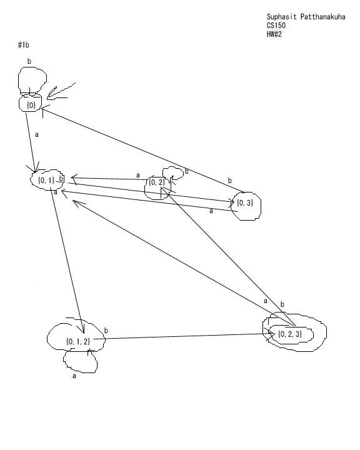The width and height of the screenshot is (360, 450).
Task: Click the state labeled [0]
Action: click(31, 103)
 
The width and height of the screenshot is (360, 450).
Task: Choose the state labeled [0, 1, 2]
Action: click(76, 337)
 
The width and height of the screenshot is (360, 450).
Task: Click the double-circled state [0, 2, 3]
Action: click(294, 332)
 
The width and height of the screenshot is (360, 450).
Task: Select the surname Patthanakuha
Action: click(323, 17)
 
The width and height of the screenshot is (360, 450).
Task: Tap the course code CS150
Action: click(276, 26)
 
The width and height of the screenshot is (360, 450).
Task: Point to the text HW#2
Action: click(274, 34)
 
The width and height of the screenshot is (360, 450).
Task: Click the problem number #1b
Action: click(24, 45)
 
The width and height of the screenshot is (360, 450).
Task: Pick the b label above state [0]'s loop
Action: click(29, 61)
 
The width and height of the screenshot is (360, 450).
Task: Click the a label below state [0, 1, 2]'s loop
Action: click(74, 376)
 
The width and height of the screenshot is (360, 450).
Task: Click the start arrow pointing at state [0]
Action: click(61, 91)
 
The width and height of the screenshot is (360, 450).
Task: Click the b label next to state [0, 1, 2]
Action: click(106, 331)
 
